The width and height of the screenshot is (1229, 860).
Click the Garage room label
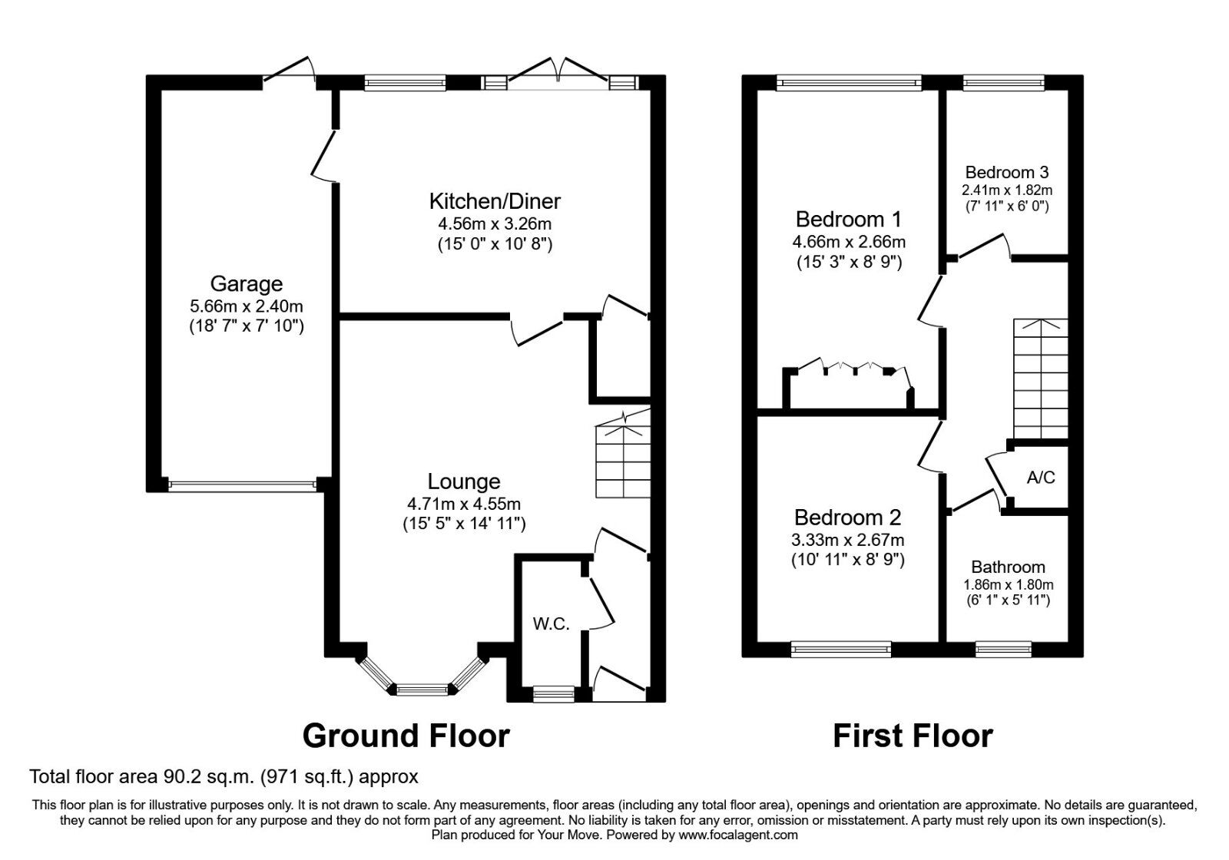coord(247,284)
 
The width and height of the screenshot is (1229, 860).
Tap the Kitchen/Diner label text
coord(494,201)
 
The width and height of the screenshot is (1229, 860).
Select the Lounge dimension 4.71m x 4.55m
coord(464,504)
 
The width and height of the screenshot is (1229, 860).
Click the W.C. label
coord(551,623)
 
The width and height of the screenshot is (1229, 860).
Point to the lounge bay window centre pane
coord(422,689)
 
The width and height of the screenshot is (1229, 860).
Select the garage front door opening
coord(242,485)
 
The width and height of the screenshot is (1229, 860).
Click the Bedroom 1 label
coord(848,220)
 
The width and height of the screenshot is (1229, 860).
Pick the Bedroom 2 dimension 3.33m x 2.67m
coord(848,540)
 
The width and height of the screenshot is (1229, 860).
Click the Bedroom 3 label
coord(1007,172)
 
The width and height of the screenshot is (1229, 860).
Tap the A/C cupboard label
coord(1041,478)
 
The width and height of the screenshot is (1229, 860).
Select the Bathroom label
coord(1008,567)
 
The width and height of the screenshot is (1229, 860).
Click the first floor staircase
coord(1040,376)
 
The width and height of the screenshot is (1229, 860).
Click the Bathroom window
coord(1003,650)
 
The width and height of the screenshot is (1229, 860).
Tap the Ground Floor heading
coord(406,736)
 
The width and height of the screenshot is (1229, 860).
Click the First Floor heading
coord(913,736)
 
